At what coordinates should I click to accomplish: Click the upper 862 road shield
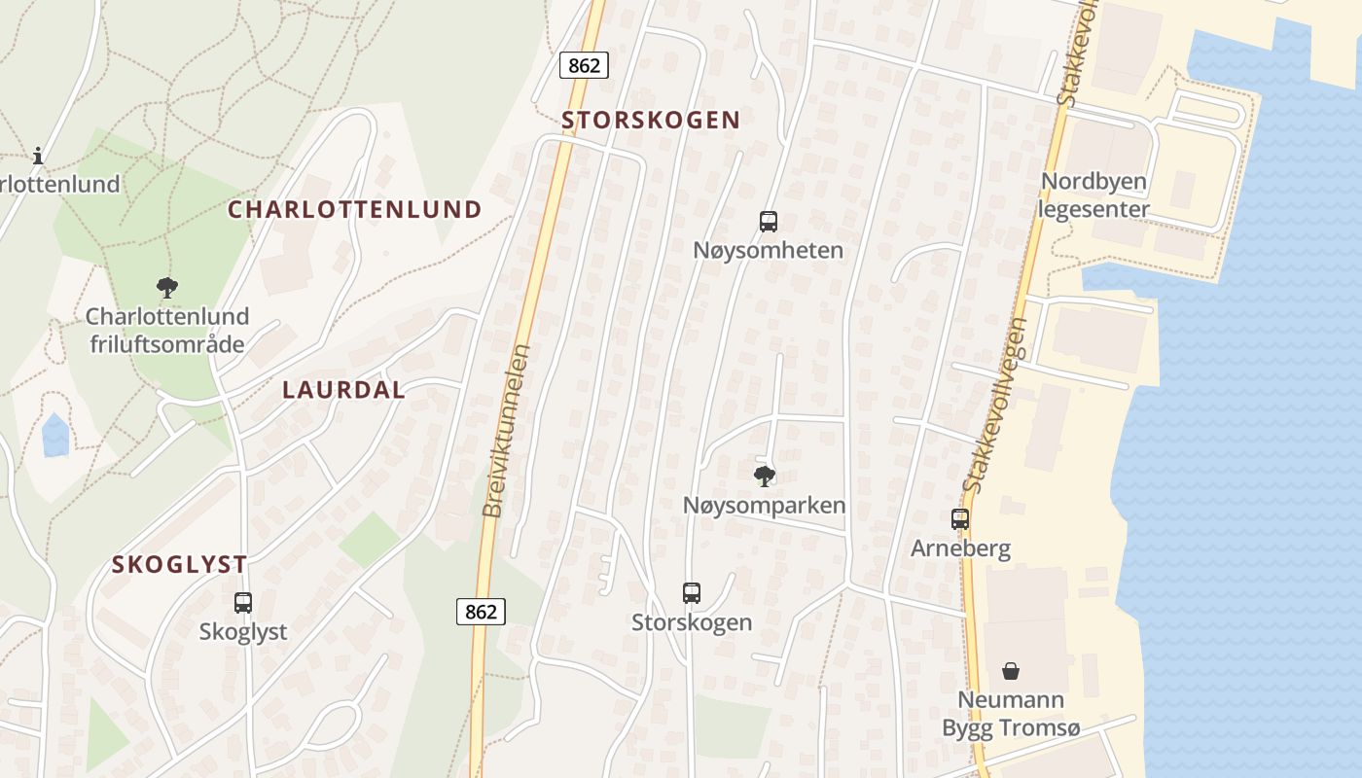coord(585,65)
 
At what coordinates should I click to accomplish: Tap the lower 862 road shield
coord(481,611)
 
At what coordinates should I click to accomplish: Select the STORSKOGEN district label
coord(651,120)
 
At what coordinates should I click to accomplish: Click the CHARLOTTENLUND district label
coord(355,209)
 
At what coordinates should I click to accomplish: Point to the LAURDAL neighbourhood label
coord(343,390)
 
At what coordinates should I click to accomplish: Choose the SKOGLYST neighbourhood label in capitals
coord(179,564)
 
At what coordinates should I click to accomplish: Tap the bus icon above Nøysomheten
coord(769,222)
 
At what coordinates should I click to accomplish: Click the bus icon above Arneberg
coord(960,519)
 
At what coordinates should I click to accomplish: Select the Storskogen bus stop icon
coord(692,593)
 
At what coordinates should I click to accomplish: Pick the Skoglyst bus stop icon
coord(243,603)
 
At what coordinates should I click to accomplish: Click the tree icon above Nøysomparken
coord(765,476)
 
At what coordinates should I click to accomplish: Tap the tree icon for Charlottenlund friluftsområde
coord(167,287)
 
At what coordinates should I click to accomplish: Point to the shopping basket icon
coord(1011,671)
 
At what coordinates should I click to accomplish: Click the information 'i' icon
coord(38,155)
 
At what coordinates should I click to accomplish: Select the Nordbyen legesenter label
coord(1094,194)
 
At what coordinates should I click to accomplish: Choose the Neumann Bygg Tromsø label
coord(1011,714)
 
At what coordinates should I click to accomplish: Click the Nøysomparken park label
coord(764,506)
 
